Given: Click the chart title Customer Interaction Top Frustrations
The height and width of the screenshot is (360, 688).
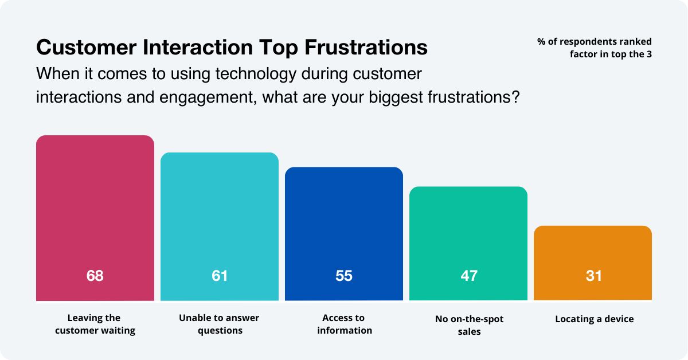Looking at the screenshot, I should coord(232,48).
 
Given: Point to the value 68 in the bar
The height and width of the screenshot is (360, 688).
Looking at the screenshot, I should coord(95,276).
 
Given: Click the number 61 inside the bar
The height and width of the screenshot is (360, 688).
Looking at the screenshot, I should coord(220,276).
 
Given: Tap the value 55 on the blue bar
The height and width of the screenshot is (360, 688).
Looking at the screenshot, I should coord(344,276).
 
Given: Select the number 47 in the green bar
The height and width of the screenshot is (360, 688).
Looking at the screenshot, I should coord(468,276).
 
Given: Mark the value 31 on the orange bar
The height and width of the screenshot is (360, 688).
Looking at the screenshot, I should coord(593,276).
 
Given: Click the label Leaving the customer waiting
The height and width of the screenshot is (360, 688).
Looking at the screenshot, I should coord(95,324).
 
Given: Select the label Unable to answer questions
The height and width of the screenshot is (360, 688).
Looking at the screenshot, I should coord(220,324).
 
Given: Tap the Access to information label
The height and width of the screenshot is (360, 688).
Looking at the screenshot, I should coord(344,324).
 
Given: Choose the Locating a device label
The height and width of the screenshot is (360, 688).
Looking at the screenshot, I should coord(594,319).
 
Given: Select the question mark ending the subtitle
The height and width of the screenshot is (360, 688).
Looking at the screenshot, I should coord(515,96).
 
